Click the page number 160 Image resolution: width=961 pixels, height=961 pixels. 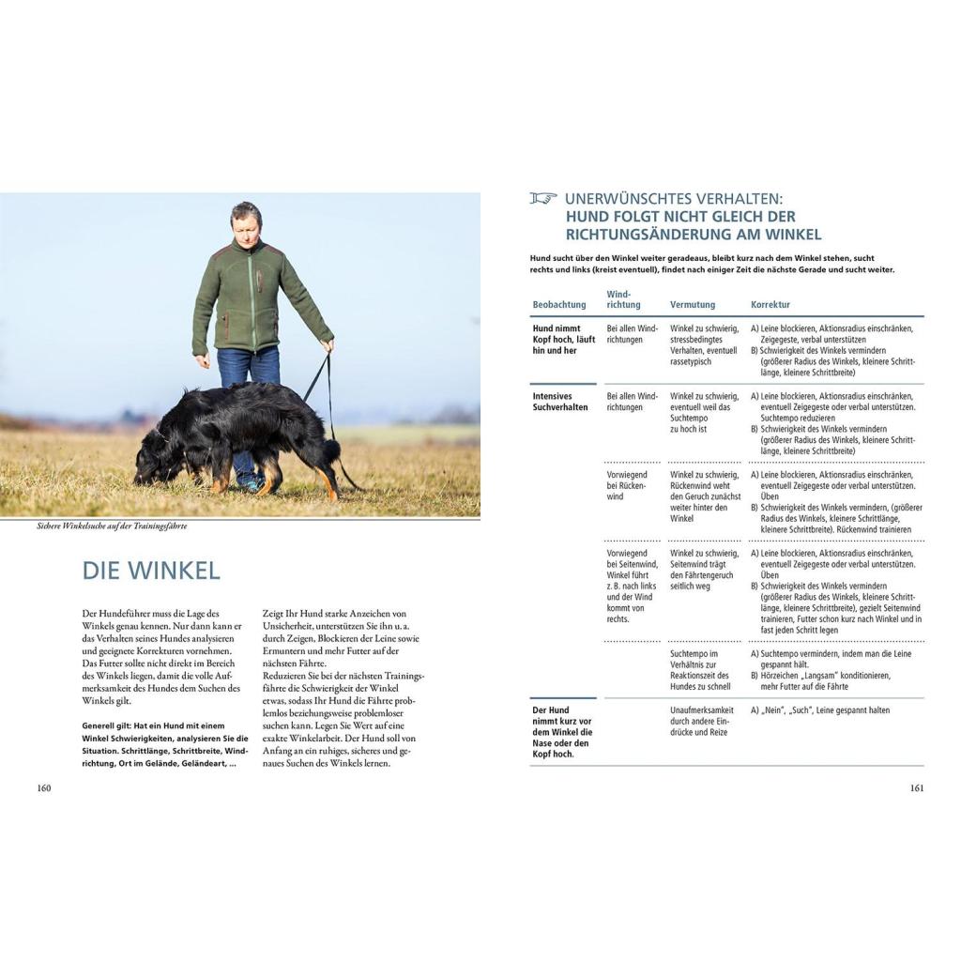point(43,787)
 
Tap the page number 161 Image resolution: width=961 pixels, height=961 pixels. point(917,787)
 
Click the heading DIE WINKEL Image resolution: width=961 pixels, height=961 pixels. point(151,570)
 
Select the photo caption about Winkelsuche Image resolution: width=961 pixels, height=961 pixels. point(106,526)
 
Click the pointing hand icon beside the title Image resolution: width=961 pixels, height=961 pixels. point(542,198)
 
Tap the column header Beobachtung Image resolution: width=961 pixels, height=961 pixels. point(558,305)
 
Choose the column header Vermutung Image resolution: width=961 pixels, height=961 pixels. point(693,305)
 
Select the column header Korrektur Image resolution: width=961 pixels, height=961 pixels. point(770,305)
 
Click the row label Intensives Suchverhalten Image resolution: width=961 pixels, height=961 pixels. point(560,402)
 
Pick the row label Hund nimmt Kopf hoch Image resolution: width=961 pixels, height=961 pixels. point(563,340)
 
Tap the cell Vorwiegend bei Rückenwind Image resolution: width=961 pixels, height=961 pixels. point(627,485)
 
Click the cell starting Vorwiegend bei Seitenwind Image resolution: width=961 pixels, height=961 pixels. point(630,587)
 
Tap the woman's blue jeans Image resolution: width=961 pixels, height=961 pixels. point(248,368)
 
